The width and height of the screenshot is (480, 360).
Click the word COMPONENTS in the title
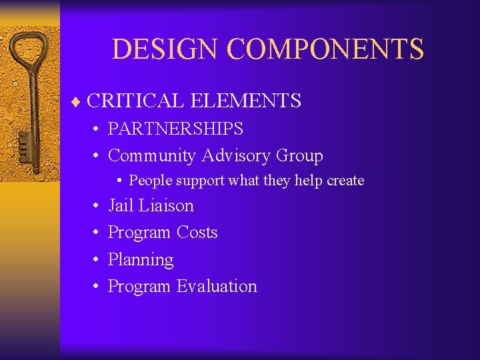point(325,49)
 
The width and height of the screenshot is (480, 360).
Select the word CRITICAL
point(135,101)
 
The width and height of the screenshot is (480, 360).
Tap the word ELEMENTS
point(246,101)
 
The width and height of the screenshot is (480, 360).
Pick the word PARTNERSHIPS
point(175,128)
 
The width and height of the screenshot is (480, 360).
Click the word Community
point(151,155)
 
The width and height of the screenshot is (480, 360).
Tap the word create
point(345,181)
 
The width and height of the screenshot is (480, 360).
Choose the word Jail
point(121,205)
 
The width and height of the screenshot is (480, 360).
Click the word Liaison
point(166,205)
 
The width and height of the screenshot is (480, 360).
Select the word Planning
point(141,260)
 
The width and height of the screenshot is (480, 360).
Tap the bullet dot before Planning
point(97,260)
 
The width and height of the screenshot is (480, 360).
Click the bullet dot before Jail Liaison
point(97,206)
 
